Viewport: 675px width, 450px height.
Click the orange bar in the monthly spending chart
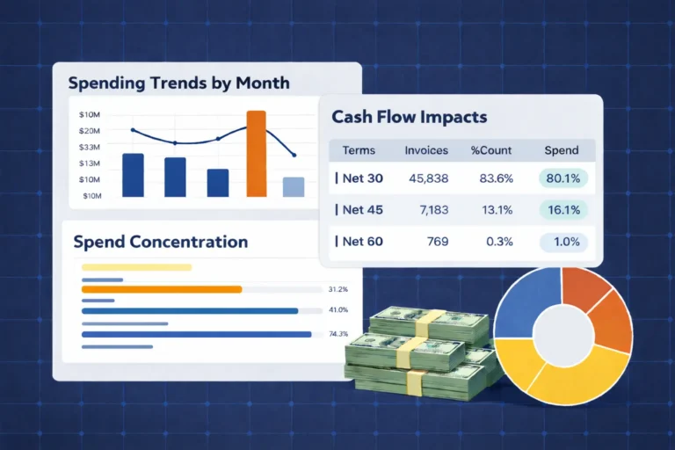(257, 154)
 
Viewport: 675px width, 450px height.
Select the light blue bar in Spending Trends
(294, 187)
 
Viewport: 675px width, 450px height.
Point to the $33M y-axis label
(89, 147)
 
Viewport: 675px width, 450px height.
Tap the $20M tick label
(89, 131)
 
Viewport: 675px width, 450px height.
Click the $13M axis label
(89, 163)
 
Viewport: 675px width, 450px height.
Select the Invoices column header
(426, 150)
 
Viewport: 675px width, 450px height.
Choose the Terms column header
(359, 150)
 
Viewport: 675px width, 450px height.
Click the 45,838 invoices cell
(429, 178)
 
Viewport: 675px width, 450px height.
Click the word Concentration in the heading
(188, 242)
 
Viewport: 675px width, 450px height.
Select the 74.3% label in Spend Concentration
(338, 334)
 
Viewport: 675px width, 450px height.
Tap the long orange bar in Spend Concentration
(161, 288)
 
